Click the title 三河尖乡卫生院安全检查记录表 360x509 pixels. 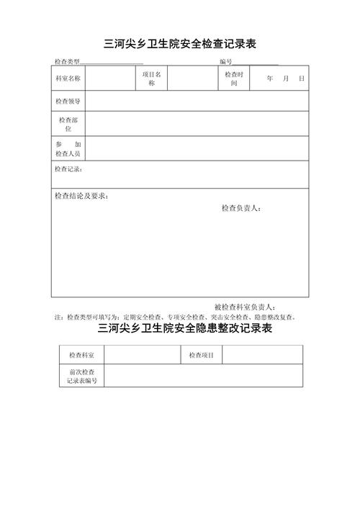[180, 44]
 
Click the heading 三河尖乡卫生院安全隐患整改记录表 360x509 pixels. [185, 329]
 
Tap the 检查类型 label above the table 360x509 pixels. [67, 62]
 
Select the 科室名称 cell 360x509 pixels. [68, 78]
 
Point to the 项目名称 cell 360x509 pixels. [152, 78]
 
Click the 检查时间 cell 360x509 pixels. [234, 78]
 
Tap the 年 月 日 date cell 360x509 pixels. [285, 78]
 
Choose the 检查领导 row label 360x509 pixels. [68, 102]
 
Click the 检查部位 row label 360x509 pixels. [68, 124]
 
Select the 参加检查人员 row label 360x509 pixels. [68, 149]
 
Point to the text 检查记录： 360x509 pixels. [68, 169]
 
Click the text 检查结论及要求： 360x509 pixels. [81, 196]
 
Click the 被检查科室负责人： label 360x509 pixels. [251, 307]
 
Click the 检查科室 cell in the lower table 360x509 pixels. [81, 355]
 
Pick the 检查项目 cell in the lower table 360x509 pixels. [202, 355]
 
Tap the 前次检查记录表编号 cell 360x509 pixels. [81, 375]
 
